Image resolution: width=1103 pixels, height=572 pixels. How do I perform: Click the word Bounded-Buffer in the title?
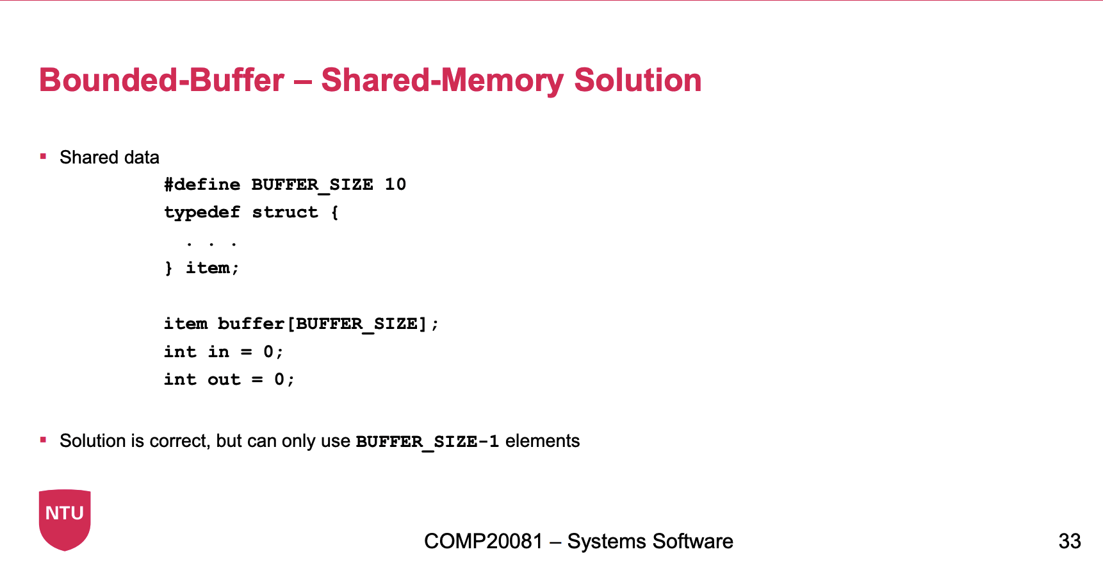161,80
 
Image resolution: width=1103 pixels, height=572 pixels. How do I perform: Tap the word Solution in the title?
638,80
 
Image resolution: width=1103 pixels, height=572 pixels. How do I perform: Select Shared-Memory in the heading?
442,81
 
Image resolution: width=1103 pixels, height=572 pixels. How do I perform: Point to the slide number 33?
1070,541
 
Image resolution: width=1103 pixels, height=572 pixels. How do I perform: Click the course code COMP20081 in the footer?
484,541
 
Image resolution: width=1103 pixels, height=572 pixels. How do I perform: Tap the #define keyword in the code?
202,185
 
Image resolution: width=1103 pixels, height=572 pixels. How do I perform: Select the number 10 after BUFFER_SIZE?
395,185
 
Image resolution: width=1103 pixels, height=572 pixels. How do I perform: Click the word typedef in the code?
202,213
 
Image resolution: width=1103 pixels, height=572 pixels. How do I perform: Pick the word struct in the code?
285,212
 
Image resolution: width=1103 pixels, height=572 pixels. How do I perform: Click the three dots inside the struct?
211,244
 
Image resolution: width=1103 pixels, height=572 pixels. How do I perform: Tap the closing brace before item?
168,268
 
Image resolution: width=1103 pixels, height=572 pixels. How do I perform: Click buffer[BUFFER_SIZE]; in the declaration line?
328,324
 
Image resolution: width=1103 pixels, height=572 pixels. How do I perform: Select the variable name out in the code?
224,380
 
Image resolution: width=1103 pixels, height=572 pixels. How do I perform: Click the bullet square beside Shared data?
43,156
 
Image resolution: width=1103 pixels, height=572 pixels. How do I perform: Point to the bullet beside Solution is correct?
43,439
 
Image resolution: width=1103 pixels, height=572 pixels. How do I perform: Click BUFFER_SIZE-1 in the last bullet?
427,442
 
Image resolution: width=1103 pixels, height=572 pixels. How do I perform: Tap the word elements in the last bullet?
543,441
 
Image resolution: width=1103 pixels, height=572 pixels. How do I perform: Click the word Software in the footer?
694,541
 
